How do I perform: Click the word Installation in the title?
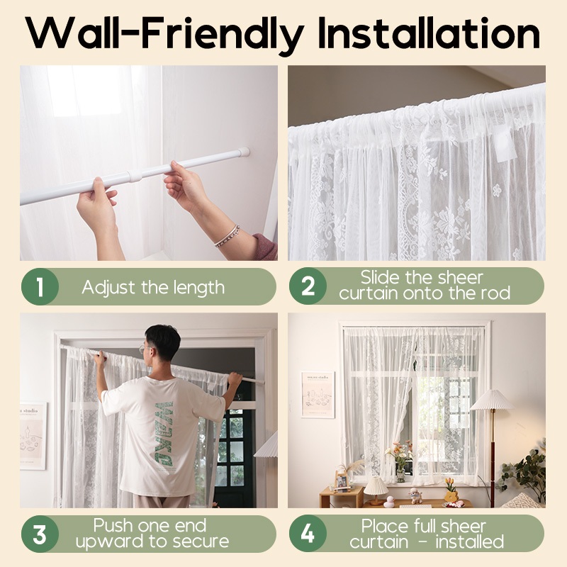(x=429, y=33)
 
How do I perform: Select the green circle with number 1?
(x=40, y=287)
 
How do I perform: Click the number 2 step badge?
(x=308, y=286)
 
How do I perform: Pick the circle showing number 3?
(x=40, y=534)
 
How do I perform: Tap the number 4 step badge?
(x=308, y=534)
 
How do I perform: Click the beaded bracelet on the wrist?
(x=227, y=236)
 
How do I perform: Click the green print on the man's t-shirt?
(x=164, y=433)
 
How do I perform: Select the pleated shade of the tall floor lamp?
(x=492, y=399)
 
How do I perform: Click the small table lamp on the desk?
(x=376, y=490)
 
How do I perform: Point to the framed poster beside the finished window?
(x=318, y=395)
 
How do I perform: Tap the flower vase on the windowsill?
(x=400, y=473)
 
